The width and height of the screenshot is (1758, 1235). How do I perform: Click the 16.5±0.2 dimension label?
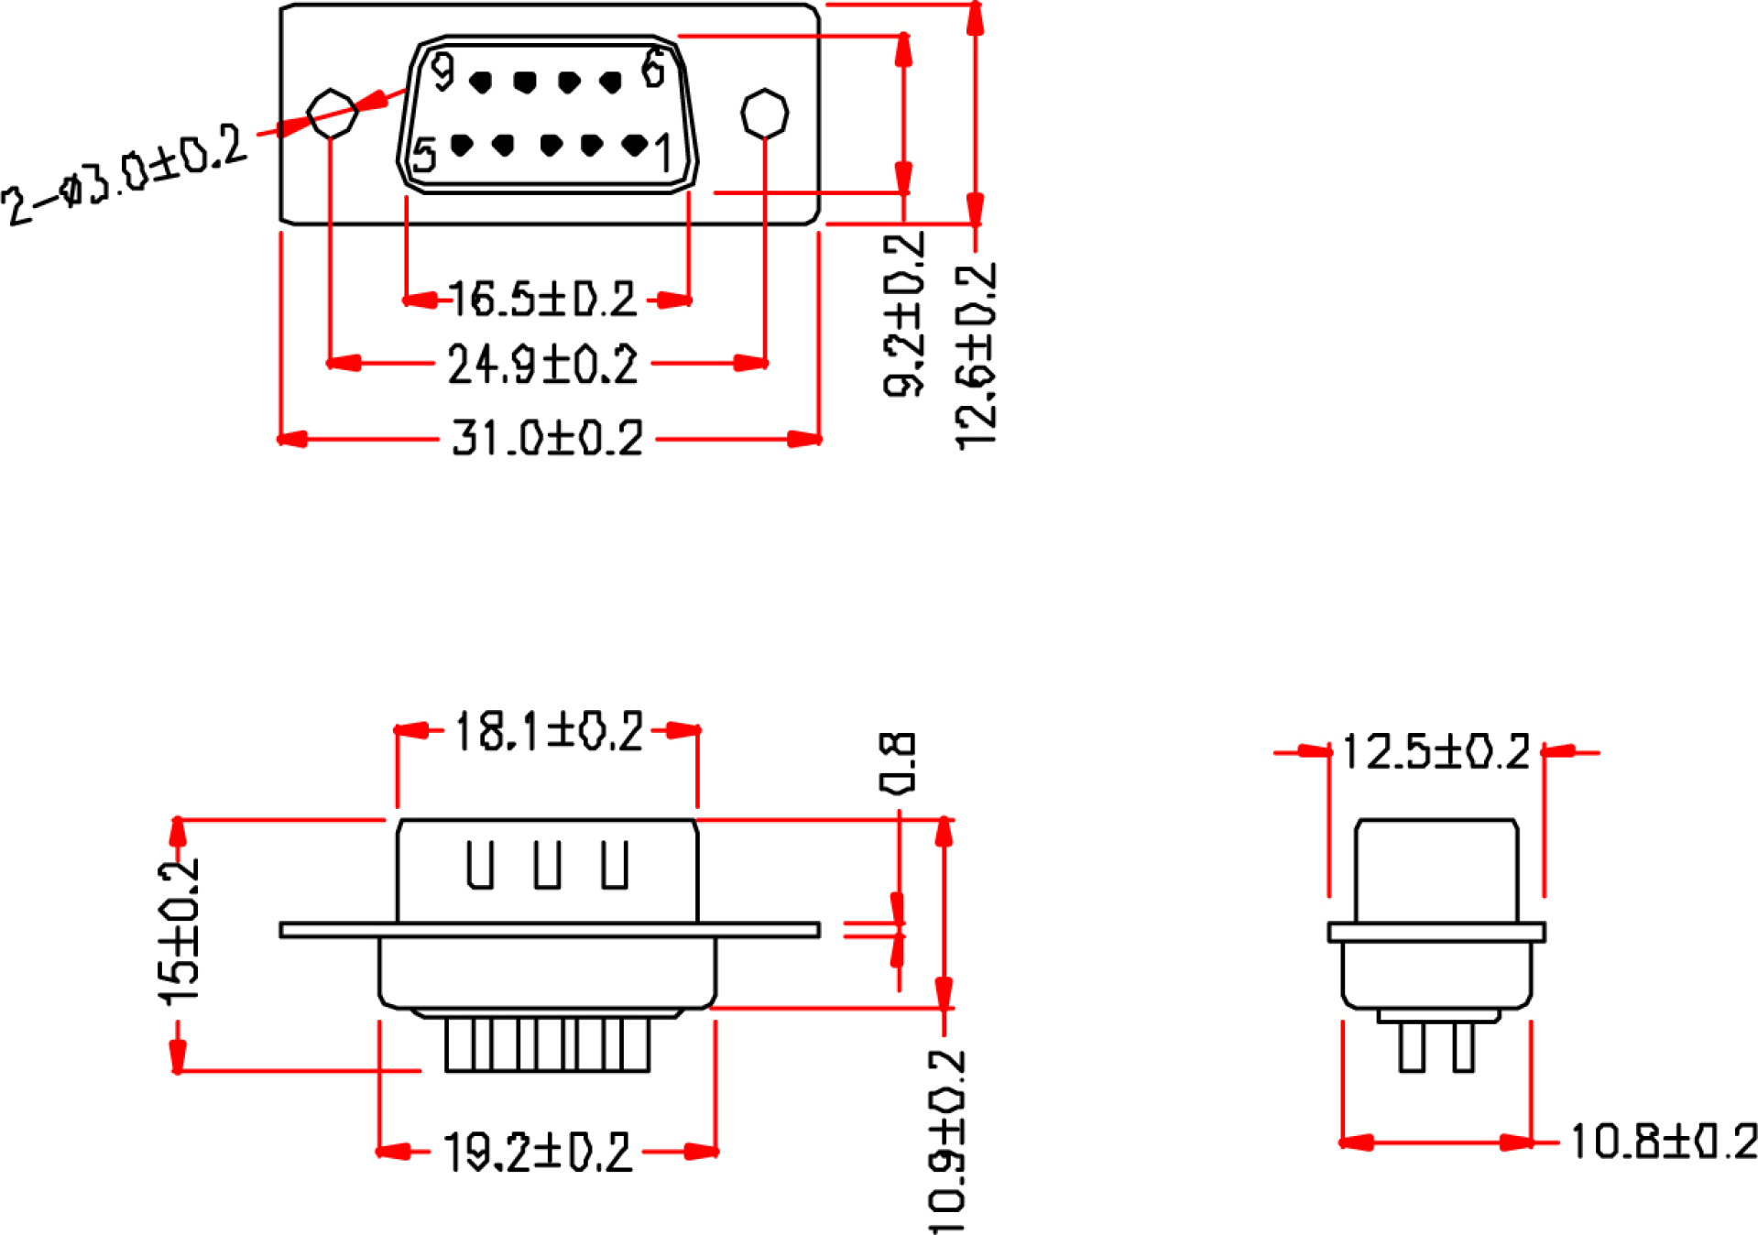[x=542, y=300]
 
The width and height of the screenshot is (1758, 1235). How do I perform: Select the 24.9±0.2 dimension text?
[x=542, y=364]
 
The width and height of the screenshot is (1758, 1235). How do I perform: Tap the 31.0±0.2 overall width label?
[x=548, y=438]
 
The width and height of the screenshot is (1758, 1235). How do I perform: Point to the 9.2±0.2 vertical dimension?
[x=904, y=313]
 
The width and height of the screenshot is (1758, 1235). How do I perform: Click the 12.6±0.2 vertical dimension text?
[x=976, y=356]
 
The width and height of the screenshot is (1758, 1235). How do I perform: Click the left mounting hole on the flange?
[x=331, y=114]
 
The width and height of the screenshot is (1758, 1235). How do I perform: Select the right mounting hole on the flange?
[x=764, y=114]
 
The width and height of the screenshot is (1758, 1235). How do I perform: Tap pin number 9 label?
[x=443, y=71]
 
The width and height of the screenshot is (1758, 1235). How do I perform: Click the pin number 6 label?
[x=653, y=68]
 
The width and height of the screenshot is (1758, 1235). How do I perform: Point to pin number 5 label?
[x=424, y=155]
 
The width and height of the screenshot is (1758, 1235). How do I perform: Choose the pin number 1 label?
[x=664, y=153]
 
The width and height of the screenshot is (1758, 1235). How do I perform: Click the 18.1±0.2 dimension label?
[x=549, y=731]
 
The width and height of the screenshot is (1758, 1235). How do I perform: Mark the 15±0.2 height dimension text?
[x=179, y=932]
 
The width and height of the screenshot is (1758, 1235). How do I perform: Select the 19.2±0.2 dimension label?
[x=538, y=1152]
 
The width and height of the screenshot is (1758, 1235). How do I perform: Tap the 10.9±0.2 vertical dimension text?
[x=947, y=1142]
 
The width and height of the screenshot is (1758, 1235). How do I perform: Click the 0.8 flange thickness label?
[x=897, y=761]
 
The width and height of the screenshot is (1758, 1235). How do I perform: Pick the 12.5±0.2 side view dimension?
[x=1436, y=751]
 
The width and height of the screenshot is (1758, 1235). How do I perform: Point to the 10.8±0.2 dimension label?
[x=1664, y=1142]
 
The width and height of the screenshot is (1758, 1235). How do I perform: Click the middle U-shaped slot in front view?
[x=548, y=865]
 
